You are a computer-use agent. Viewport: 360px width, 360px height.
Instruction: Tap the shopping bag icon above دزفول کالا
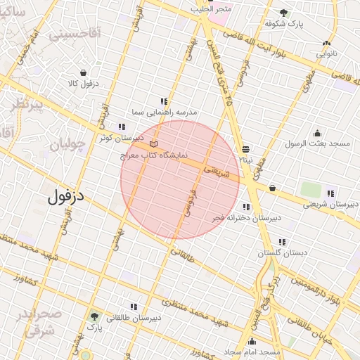point(84,72)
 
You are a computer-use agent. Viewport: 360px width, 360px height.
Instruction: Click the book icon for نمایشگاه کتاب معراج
point(154,143)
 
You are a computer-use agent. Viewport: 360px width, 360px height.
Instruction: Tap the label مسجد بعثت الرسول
point(317,143)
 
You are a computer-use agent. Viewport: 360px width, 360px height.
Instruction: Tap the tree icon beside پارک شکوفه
point(283,13)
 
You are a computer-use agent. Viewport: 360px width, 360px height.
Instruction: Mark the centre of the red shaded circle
point(180,180)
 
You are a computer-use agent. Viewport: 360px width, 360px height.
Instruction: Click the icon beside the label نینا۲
point(245,149)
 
